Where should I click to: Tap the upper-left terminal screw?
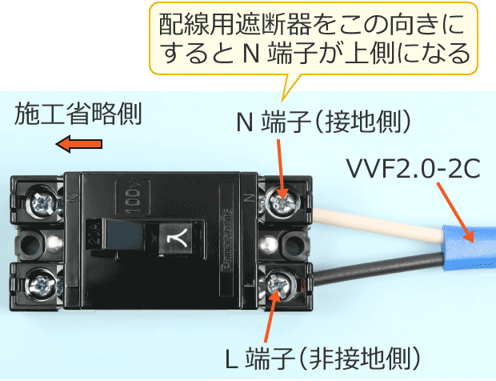click(42, 202)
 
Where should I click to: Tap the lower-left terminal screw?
click(41, 284)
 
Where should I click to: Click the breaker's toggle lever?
click(124, 236)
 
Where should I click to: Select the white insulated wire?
click(377, 224)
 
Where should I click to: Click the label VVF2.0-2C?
click(414, 169)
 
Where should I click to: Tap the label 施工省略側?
click(78, 114)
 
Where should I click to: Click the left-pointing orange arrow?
click(78, 144)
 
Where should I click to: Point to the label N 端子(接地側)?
click(323, 122)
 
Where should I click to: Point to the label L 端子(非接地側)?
click(322, 359)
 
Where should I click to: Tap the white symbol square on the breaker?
click(175, 239)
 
